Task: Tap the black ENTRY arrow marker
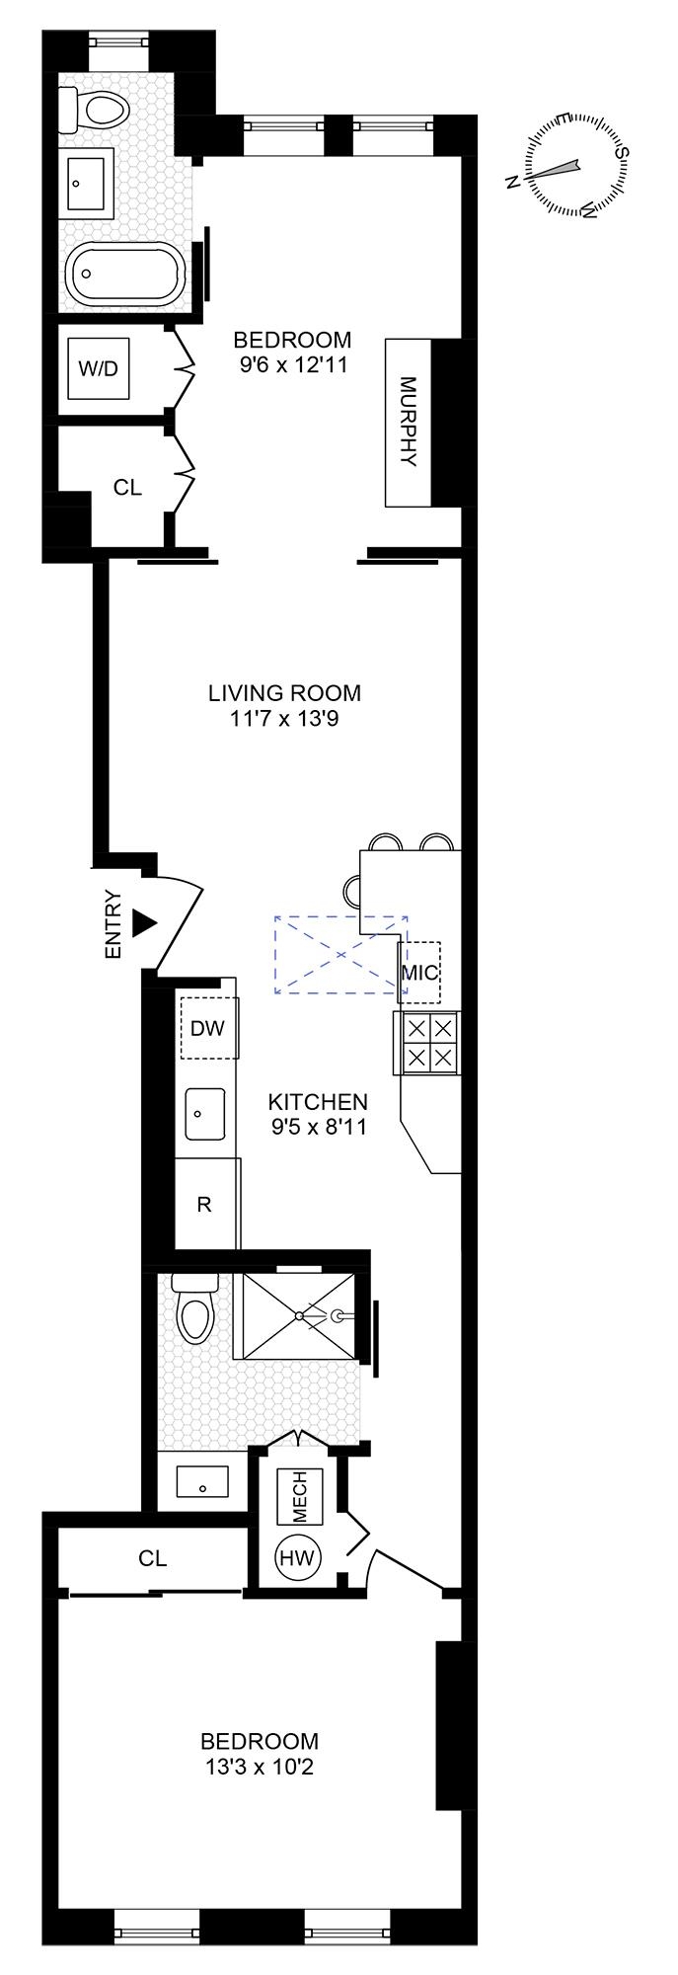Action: pyautogui.click(x=145, y=923)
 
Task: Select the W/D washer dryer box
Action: pyautogui.click(x=98, y=369)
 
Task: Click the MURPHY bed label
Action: pyautogui.click(x=408, y=423)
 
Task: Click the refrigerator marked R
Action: pyautogui.click(x=205, y=1205)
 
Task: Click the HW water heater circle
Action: pyautogui.click(x=297, y=1558)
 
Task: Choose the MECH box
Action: pyautogui.click(x=299, y=1497)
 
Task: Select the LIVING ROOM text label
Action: pyautogui.click(x=284, y=693)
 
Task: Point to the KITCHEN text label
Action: pyautogui.click(x=319, y=1101)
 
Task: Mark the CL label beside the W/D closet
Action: pyautogui.click(x=127, y=487)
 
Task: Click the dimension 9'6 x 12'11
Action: pyautogui.click(x=293, y=364)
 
